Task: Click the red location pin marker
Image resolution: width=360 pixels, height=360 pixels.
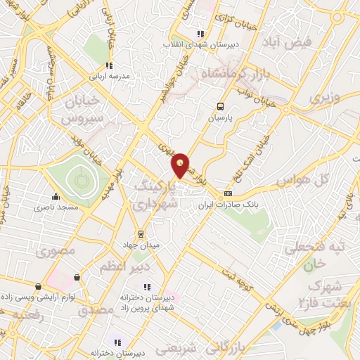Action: [181, 165]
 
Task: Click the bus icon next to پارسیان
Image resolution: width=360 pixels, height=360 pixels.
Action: [221, 107]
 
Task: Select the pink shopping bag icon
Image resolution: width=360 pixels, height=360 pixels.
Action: [76, 278]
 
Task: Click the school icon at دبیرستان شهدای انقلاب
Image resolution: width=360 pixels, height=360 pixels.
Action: [200, 33]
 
